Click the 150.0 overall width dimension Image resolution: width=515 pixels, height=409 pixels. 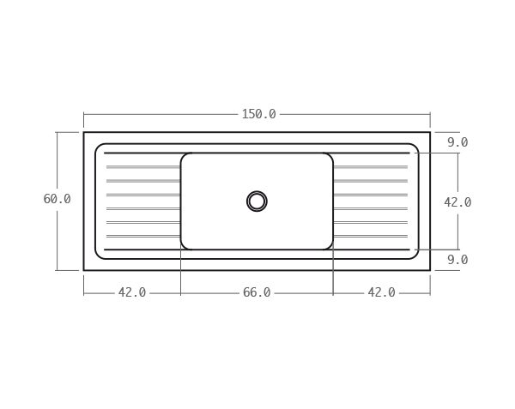(x=258, y=114)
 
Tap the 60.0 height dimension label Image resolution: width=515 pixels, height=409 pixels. (x=57, y=199)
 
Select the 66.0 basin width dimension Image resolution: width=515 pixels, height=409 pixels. (x=257, y=292)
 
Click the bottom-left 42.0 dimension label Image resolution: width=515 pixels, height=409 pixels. (x=131, y=292)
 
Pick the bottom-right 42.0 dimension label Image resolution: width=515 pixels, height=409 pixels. (x=381, y=292)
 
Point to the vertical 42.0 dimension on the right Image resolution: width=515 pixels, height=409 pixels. (x=457, y=202)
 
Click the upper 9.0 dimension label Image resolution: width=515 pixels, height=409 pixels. (x=457, y=142)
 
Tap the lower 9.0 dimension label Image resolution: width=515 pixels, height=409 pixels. (x=457, y=260)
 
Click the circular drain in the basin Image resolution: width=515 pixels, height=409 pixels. (x=257, y=201)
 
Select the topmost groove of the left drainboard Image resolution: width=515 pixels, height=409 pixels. (x=142, y=166)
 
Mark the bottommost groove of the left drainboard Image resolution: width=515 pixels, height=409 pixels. (x=142, y=236)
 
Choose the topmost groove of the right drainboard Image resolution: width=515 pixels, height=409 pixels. (x=370, y=166)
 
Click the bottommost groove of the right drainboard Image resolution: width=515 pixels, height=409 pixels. (x=370, y=236)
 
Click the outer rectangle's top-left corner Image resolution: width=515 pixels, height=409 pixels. (x=84, y=132)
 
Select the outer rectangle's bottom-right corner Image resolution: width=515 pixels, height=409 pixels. (x=430, y=270)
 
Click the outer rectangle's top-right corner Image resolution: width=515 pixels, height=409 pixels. (x=430, y=132)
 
